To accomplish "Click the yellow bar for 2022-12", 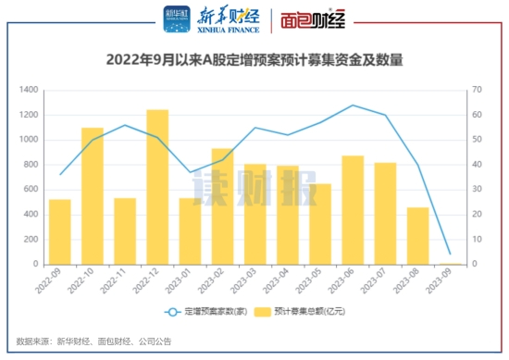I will click(x=157, y=187).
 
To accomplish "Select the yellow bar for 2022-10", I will click(x=93, y=195).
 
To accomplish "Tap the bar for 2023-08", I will click(x=417, y=235).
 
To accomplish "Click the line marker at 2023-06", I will click(x=353, y=106).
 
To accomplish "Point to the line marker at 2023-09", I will click(x=450, y=254).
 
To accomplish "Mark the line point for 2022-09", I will click(x=60, y=174).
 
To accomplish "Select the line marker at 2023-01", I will click(x=190, y=172).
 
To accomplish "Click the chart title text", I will click(x=254, y=61).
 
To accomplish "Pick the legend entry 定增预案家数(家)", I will click(x=213, y=312).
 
